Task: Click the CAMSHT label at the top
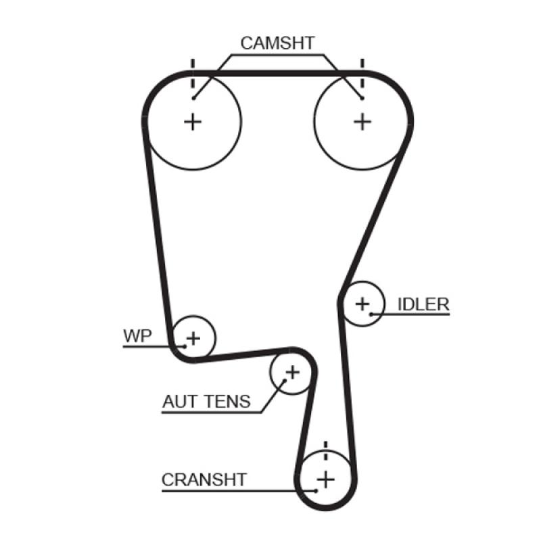tap(277, 43)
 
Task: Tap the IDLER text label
tap(423, 304)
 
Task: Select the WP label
tap(137, 335)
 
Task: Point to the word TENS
tap(227, 402)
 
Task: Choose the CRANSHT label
tap(204, 480)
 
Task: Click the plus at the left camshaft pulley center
tap(193, 121)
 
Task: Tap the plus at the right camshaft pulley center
tap(363, 121)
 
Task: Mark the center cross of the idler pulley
tap(363, 304)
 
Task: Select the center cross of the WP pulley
tap(193, 337)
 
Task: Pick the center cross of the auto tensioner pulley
tap(292, 371)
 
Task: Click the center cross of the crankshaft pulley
tap(326, 479)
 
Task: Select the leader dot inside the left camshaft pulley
tap(193, 99)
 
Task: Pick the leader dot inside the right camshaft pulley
tap(362, 99)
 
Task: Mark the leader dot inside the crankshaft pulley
tap(316, 490)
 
